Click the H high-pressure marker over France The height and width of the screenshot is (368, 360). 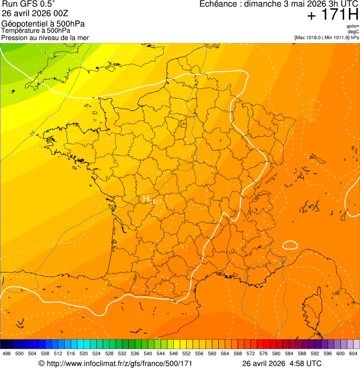tap(146, 199)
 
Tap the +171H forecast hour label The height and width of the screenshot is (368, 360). tap(332, 15)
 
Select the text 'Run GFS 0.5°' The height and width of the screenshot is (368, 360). tap(29, 4)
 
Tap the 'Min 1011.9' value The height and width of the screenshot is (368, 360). tap(337, 37)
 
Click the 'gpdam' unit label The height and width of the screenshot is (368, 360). tap(353, 26)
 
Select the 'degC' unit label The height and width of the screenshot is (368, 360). tap(353, 32)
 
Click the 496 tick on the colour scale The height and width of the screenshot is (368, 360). tap(7, 354)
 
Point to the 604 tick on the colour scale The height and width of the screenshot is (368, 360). tap(353, 354)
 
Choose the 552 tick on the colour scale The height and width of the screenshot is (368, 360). tap(186, 354)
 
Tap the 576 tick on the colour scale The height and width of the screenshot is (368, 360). tap(263, 354)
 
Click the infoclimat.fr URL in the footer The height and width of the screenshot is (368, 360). tap(120, 363)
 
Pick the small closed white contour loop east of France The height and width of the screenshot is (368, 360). tap(290, 244)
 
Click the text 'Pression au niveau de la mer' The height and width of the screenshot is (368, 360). tap(45, 37)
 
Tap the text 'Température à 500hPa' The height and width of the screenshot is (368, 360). tap(39, 31)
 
